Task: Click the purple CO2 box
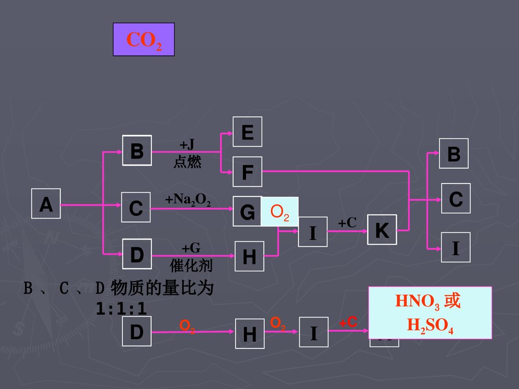point(144,39)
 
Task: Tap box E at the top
point(247,132)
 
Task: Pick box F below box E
point(247,172)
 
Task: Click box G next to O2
point(247,212)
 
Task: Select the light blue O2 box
point(280,211)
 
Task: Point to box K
point(381,230)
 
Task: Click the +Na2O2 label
point(187,200)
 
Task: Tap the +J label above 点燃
point(187,144)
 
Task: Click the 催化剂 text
point(191,266)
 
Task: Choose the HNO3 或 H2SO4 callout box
point(430,312)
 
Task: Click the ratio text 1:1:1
point(121,309)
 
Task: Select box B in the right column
point(453,154)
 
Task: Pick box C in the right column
point(455,199)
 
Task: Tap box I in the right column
point(455,247)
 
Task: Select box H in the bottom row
point(249,334)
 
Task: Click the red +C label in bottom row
point(348,323)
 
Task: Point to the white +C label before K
point(347,223)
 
